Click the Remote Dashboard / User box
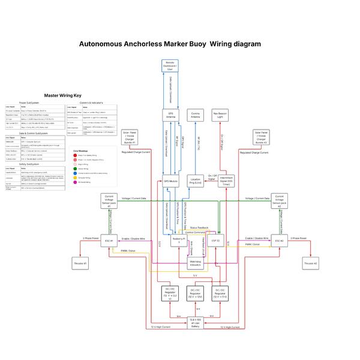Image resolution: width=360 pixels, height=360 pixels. (x=170, y=67)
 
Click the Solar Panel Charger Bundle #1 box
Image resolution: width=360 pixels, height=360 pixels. (x=130, y=137)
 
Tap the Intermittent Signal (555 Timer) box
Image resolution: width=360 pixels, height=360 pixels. (x=226, y=181)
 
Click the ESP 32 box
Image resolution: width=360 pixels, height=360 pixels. (x=215, y=241)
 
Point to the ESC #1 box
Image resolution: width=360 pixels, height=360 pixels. (x=109, y=241)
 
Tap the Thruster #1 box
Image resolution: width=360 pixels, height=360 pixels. (x=81, y=263)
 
